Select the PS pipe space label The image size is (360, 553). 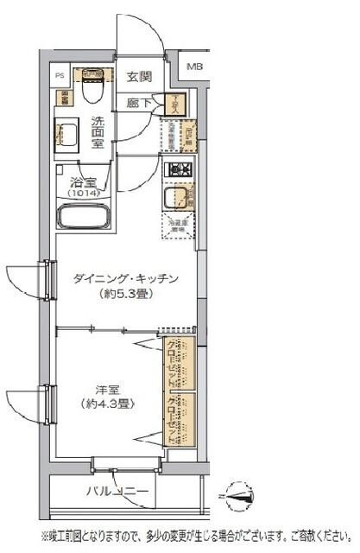coord(60,75)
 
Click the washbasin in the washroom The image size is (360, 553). coord(66,135)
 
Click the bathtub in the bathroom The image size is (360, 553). coord(86,215)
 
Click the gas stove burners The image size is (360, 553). coord(178,169)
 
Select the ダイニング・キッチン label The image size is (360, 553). coord(126,278)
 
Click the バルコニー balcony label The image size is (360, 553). coord(117,493)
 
